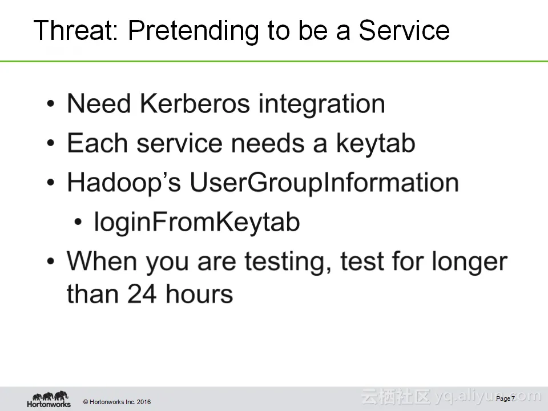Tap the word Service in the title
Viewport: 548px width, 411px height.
(404, 30)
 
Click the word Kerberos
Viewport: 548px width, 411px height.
(195, 103)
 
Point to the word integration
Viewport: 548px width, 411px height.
(321, 105)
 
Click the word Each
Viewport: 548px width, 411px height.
(97, 143)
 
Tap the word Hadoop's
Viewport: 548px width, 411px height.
(124, 183)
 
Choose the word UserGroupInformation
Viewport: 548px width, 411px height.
(324, 183)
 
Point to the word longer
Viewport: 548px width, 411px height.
(469, 262)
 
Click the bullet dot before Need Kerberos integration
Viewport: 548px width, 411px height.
(51, 104)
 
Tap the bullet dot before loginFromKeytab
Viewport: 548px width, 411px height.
(78, 221)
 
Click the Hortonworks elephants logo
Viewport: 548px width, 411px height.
(49, 399)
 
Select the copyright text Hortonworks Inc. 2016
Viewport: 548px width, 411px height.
(117, 402)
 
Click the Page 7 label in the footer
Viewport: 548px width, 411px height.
(505, 398)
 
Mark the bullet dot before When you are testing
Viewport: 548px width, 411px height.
(51, 261)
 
